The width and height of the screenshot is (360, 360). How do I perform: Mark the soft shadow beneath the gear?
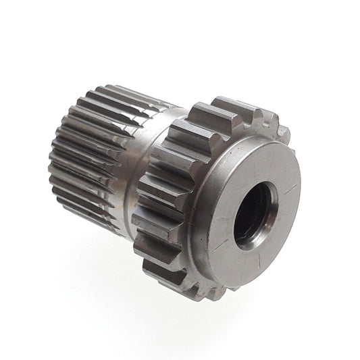[135, 284]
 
